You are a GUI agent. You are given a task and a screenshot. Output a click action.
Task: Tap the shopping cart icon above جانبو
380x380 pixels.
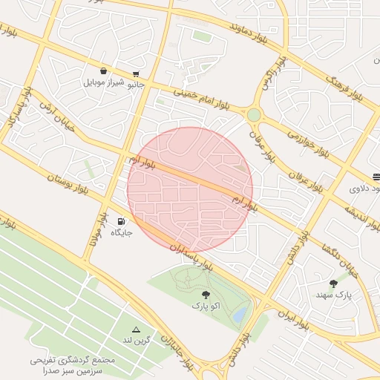point(136,74)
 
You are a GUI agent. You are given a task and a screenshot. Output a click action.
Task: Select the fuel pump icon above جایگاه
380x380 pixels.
point(121,221)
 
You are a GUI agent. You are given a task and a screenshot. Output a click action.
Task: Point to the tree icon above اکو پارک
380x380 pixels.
point(206,294)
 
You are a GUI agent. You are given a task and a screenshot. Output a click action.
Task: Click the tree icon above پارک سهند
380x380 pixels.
point(333,284)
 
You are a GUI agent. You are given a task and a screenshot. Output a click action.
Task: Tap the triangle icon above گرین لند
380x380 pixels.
point(136,329)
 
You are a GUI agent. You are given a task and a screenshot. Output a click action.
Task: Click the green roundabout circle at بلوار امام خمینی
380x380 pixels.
point(255,115)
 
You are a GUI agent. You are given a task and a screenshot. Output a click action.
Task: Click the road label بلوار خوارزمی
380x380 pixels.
point(307,144)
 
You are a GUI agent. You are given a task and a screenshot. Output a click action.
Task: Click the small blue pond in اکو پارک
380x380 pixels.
point(238,315)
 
